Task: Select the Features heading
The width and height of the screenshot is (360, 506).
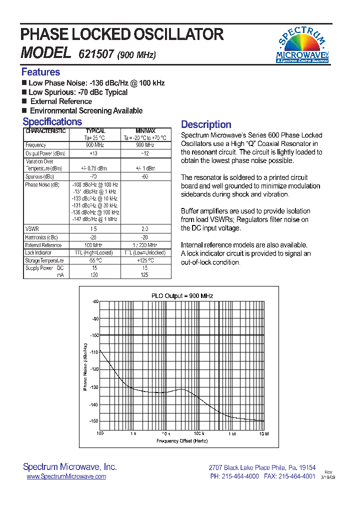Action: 40,72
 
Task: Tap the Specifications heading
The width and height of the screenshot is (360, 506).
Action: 52,122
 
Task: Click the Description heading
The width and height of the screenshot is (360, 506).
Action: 206,124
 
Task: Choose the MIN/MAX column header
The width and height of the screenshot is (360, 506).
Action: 145,131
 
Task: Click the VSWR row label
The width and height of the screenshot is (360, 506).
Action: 31,228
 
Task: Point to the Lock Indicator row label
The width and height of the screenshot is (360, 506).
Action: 38,253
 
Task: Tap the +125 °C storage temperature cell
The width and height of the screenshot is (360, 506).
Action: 145,261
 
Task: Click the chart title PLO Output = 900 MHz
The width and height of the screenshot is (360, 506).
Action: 182,296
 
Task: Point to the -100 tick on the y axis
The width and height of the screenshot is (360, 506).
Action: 94,335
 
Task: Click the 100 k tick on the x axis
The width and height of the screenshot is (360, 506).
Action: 199,433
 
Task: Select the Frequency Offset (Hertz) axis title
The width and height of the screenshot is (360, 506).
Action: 182,441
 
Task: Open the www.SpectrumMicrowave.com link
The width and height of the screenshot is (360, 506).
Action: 66,476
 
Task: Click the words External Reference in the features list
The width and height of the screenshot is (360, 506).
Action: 61,101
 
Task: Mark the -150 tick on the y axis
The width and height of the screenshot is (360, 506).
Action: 94,421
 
